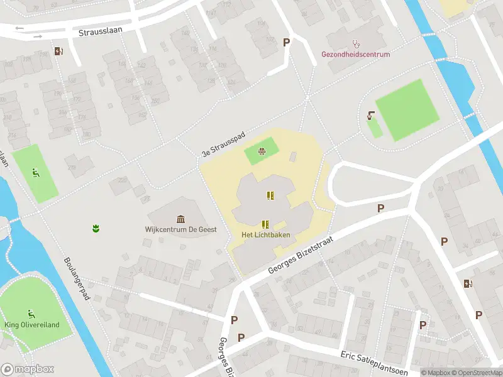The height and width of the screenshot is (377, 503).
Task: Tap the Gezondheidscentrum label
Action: [356, 55]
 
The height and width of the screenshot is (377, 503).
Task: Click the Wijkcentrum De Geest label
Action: [181, 229]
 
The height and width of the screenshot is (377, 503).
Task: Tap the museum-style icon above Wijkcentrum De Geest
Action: [181, 219]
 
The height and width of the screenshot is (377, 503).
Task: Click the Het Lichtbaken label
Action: [265, 234]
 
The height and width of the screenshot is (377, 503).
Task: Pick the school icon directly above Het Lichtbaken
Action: [265, 224]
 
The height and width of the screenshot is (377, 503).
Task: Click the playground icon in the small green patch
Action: [262, 151]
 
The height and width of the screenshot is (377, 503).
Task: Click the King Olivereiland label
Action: [31, 325]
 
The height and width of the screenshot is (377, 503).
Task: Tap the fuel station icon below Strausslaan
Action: [58, 52]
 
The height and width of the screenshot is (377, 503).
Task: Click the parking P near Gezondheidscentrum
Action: [287, 42]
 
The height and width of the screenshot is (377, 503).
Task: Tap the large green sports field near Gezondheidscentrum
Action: [407, 111]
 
